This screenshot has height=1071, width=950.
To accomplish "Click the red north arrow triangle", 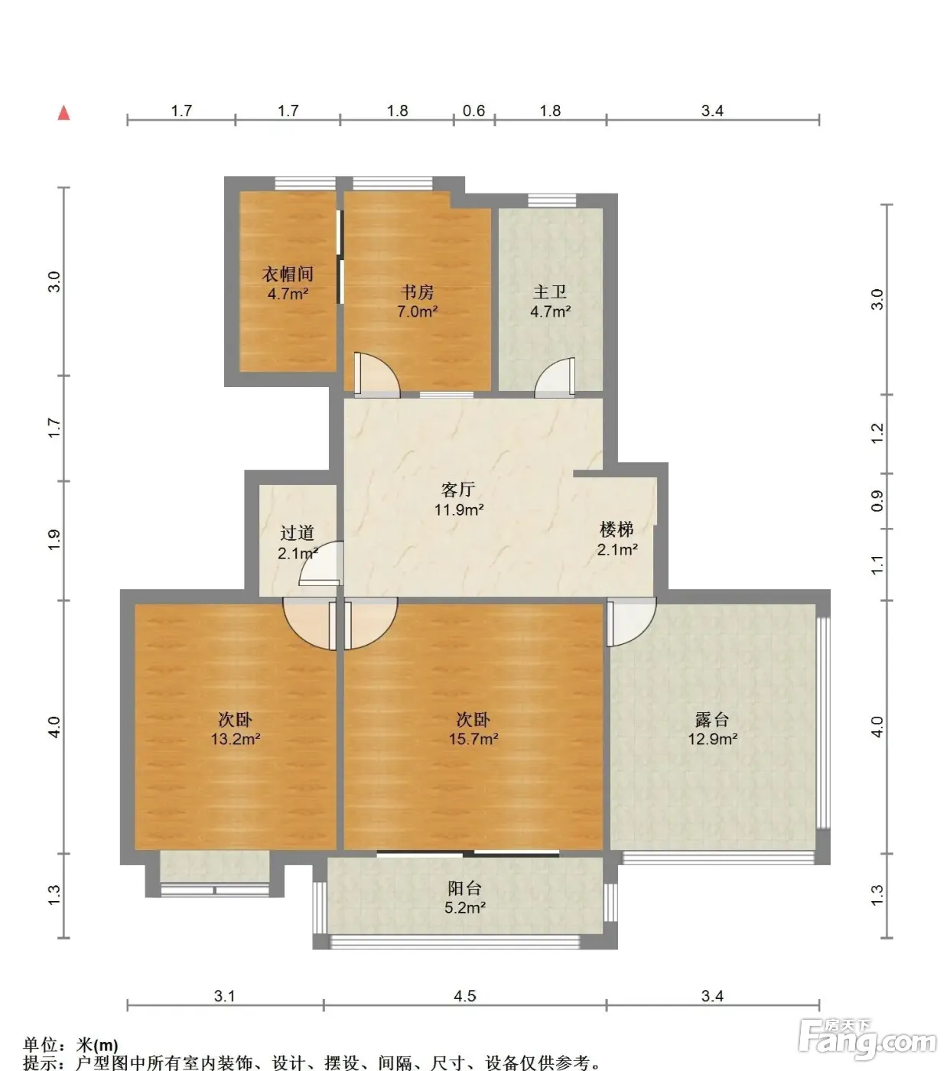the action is pos(64,113).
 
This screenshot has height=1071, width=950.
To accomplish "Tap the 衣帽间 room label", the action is pos(288,274).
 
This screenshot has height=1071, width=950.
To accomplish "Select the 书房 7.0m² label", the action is pos(417,301).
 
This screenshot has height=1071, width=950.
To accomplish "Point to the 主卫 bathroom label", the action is pos(550,291).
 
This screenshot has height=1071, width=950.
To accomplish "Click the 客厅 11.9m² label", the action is pos(459,499).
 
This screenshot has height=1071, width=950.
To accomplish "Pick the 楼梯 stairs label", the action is pos(617,529).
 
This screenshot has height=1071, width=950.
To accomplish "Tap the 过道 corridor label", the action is pos(297,533).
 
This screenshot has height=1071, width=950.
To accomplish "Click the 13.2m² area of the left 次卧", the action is pos(236,739).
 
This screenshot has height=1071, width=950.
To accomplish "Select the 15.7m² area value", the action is pos(473,739).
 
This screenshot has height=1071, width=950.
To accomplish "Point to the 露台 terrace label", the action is pos(712,719).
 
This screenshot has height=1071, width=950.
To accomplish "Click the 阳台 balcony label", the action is pos(465,888).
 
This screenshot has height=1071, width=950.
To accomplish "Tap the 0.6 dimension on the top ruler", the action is pos(473,110).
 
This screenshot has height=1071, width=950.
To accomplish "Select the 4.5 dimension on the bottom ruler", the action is pos(465,996).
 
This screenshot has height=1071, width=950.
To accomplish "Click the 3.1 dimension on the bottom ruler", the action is pos(225,996).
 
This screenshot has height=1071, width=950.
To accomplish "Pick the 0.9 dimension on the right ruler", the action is pos(877,500).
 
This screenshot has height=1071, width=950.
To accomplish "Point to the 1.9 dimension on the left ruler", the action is pos(54,540).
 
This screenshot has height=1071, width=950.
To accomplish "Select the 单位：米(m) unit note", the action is pos(70,1044).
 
